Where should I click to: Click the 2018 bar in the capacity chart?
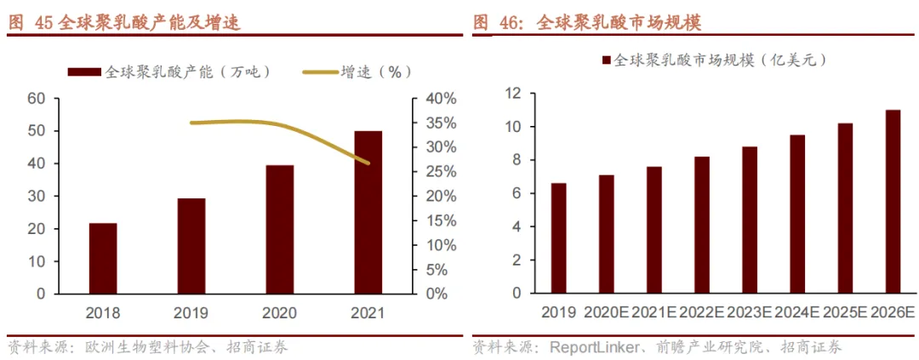tap(103, 259)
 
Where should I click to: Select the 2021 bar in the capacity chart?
tap(368, 213)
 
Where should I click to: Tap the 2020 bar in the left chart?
tap(279, 230)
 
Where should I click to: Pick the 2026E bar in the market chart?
tap(893, 202)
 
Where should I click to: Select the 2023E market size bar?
tap(750, 220)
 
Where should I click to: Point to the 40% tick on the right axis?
tap(441, 99)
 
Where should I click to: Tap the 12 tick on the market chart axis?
tap(512, 94)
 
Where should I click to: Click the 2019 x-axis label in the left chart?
tap(191, 312)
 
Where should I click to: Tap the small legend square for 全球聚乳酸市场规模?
tap(606, 60)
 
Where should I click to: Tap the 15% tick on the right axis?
tap(441, 220)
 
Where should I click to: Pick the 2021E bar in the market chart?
tap(654, 230)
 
